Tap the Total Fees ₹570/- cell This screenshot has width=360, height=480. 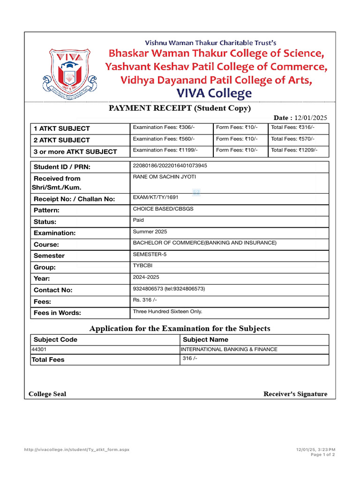[x=292, y=139]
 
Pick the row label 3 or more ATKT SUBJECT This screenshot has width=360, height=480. [x=75, y=151]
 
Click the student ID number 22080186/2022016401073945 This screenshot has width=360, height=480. [x=170, y=165]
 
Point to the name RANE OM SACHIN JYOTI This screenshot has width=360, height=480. [x=165, y=177]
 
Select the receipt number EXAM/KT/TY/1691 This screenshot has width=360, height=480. [x=156, y=197]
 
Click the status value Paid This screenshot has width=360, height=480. [x=138, y=220]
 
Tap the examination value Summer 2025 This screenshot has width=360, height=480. [x=150, y=232]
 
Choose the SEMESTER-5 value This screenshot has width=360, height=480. [x=150, y=254]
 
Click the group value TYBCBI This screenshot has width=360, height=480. [x=142, y=265]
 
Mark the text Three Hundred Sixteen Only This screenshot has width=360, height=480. [x=167, y=311]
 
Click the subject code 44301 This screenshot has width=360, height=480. [x=39, y=349]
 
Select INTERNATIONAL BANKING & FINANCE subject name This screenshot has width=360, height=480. [x=229, y=349]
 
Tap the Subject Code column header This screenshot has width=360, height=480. [x=55, y=339]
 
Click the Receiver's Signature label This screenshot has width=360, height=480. [x=295, y=394]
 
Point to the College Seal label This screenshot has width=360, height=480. [x=47, y=394]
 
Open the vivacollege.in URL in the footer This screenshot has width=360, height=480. [x=76, y=450]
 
